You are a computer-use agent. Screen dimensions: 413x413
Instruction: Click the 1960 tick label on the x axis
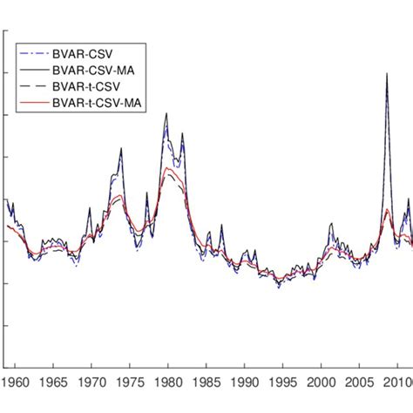pos(15,383)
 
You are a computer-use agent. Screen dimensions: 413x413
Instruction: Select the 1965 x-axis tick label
pos(54,383)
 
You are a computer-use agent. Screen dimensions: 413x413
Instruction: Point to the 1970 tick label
pos(92,383)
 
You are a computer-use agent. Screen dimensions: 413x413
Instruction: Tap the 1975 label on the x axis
pos(131,383)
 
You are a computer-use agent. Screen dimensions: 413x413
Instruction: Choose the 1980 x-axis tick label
pos(169,383)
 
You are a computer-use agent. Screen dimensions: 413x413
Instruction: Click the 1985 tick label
pos(207,383)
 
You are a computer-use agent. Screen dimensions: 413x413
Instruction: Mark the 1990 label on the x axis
pos(246,383)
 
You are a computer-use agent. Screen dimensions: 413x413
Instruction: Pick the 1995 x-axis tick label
pos(284,383)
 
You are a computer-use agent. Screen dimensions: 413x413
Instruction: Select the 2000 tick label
pos(322,383)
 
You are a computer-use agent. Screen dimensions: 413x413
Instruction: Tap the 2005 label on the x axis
pos(361,383)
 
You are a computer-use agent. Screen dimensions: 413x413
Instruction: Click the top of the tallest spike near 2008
pos(387,74)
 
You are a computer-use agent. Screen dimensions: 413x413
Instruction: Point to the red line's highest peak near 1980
pos(166,168)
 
